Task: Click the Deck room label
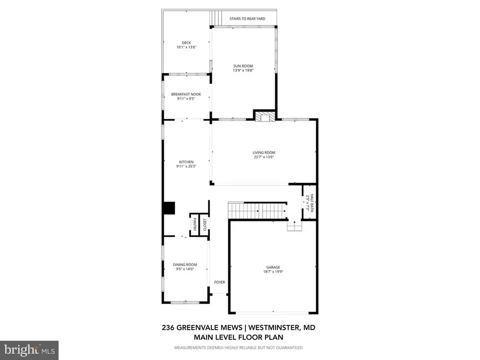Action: coord(187,43)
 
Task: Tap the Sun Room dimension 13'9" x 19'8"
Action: coord(243,70)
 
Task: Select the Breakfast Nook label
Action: coord(186,94)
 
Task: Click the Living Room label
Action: coord(264,153)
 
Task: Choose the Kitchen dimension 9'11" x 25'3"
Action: coord(186,166)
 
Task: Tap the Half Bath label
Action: coord(312,202)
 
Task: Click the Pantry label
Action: coord(194,225)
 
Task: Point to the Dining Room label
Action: coord(185,265)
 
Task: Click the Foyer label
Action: coord(220,282)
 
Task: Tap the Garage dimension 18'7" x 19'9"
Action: coord(273,271)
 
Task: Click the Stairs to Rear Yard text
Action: coord(247,19)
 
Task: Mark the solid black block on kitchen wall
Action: coord(169,208)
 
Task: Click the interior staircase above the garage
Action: coord(258,211)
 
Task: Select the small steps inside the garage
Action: coord(294,226)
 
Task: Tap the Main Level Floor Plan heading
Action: coord(238,338)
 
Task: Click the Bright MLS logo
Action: coord(29,350)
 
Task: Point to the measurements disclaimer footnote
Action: coord(238,348)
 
